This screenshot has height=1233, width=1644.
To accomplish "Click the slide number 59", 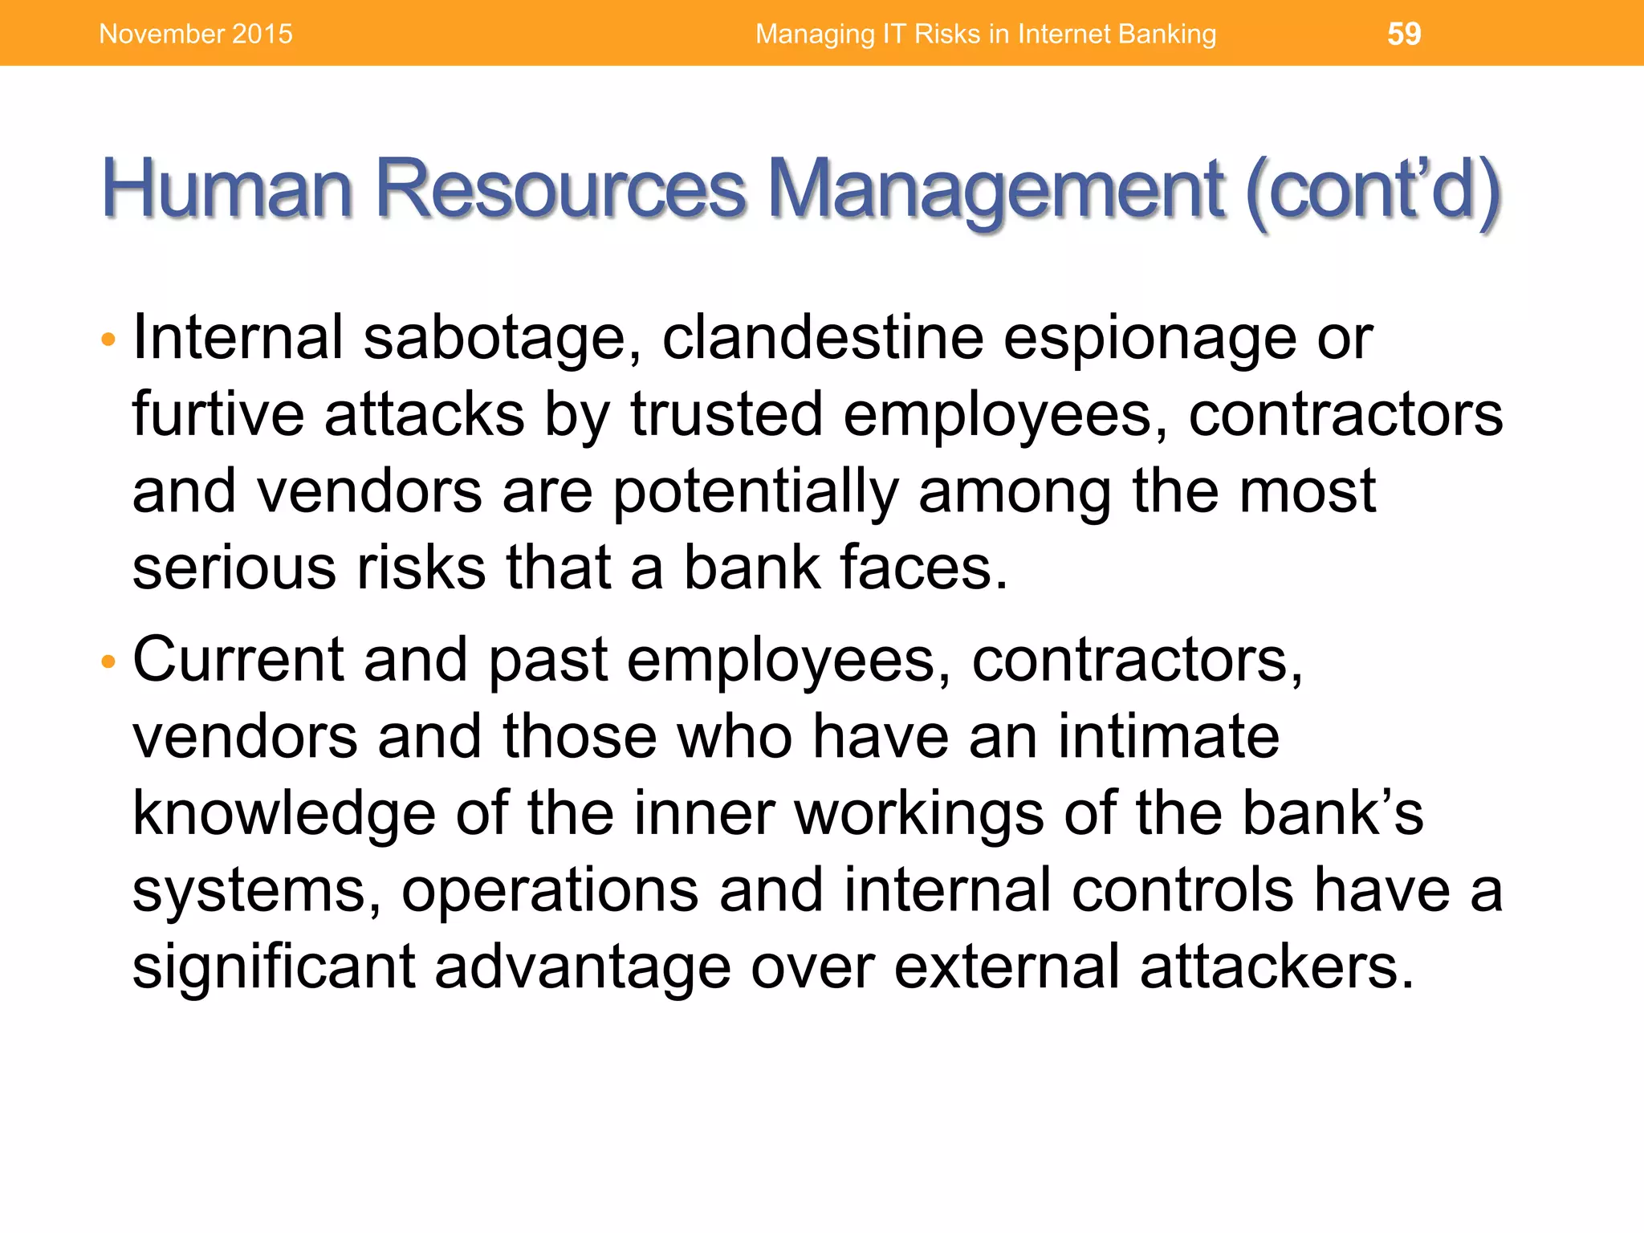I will pyautogui.click(x=1404, y=34).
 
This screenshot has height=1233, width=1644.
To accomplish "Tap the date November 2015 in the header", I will pyautogui.click(x=196, y=34).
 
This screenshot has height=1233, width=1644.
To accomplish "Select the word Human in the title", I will pyautogui.click(x=227, y=189).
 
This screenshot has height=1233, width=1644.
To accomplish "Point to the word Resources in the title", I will pyautogui.click(x=560, y=189).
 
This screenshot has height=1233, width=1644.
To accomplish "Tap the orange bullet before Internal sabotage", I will pyautogui.click(x=109, y=340).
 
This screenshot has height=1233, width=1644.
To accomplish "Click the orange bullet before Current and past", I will pyautogui.click(x=109, y=663).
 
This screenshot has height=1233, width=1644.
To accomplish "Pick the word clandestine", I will pyautogui.click(x=823, y=337).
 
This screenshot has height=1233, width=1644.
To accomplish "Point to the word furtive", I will pyautogui.click(x=218, y=414).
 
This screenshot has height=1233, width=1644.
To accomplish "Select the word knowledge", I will pyautogui.click(x=284, y=814).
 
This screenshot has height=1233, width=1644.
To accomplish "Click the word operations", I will pyautogui.click(x=550, y=891).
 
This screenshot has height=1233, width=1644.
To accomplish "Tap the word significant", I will pyautogui.click(x=274, y=966).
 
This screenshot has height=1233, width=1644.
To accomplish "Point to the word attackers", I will pyautogui.click(x=1276, y=966).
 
